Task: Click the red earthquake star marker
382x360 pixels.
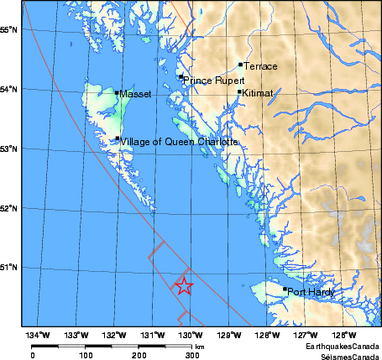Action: click(183, 286)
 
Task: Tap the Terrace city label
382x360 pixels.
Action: click(260, 65)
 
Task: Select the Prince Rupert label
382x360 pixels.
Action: click(210, 81)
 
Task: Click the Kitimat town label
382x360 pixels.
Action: click(258, 94)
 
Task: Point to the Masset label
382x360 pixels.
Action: click(135, 94)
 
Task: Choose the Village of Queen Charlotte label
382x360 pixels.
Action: click(179, 142)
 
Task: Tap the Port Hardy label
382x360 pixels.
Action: click(311, 292)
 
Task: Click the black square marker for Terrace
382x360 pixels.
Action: click(240, 64)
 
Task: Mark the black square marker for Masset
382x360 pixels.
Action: click(117, 92)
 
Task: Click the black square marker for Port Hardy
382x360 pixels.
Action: click(285, 290)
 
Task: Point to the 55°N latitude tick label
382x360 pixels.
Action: click(10, 29)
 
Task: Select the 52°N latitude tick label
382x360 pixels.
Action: click(10, 208)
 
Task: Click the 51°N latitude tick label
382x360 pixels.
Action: click(10, 268)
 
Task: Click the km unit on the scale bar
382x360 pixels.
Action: click(199, 346)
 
